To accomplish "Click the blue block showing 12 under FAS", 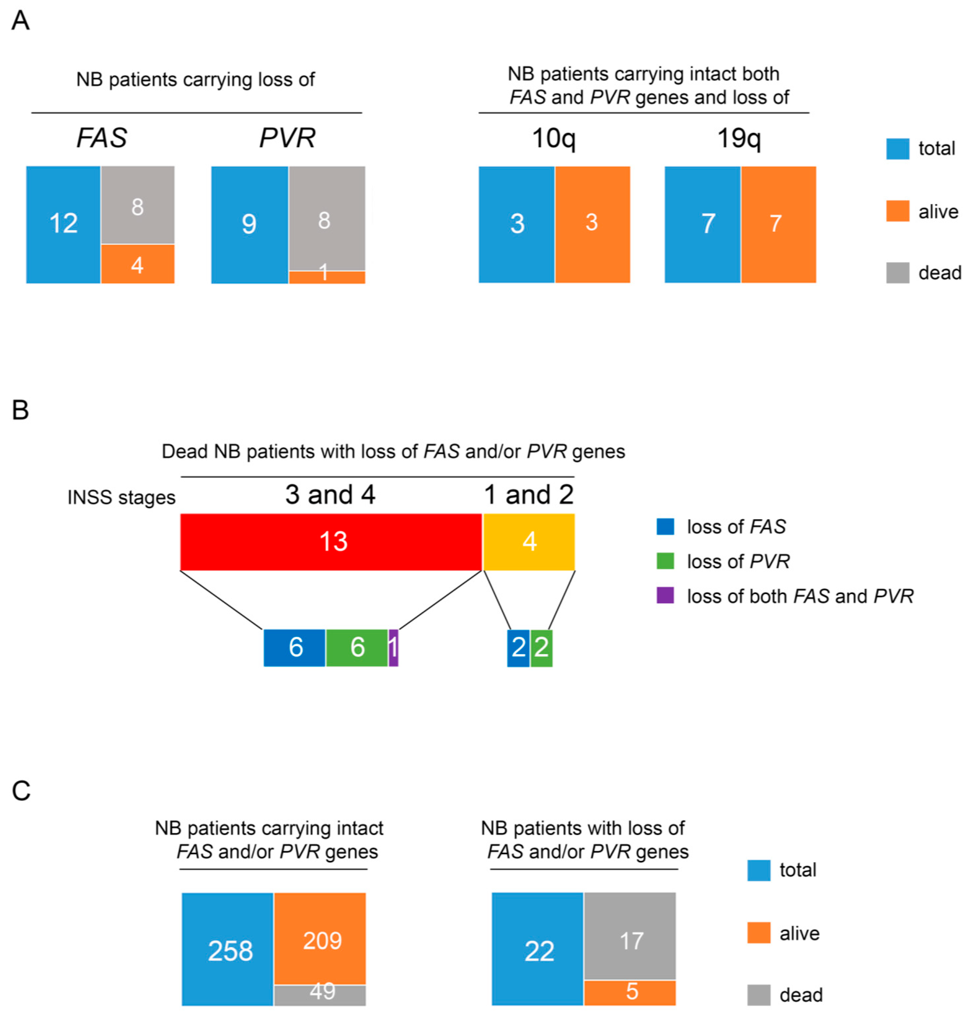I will [63, 225].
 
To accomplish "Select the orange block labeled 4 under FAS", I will [137, 264].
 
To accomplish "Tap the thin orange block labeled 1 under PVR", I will [327, 277].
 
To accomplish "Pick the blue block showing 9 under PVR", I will [250, 225].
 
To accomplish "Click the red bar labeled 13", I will [331, 541].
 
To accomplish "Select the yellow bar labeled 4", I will [529, 541].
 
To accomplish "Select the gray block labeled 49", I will [320, 995].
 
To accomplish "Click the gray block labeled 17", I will [630, 935].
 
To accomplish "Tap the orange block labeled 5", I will [630, 992].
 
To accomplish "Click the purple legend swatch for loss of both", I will [665, 595].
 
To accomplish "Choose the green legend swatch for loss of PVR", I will [665, 561].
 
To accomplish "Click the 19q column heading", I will [739, 138].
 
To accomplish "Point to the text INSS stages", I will [121, 497].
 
